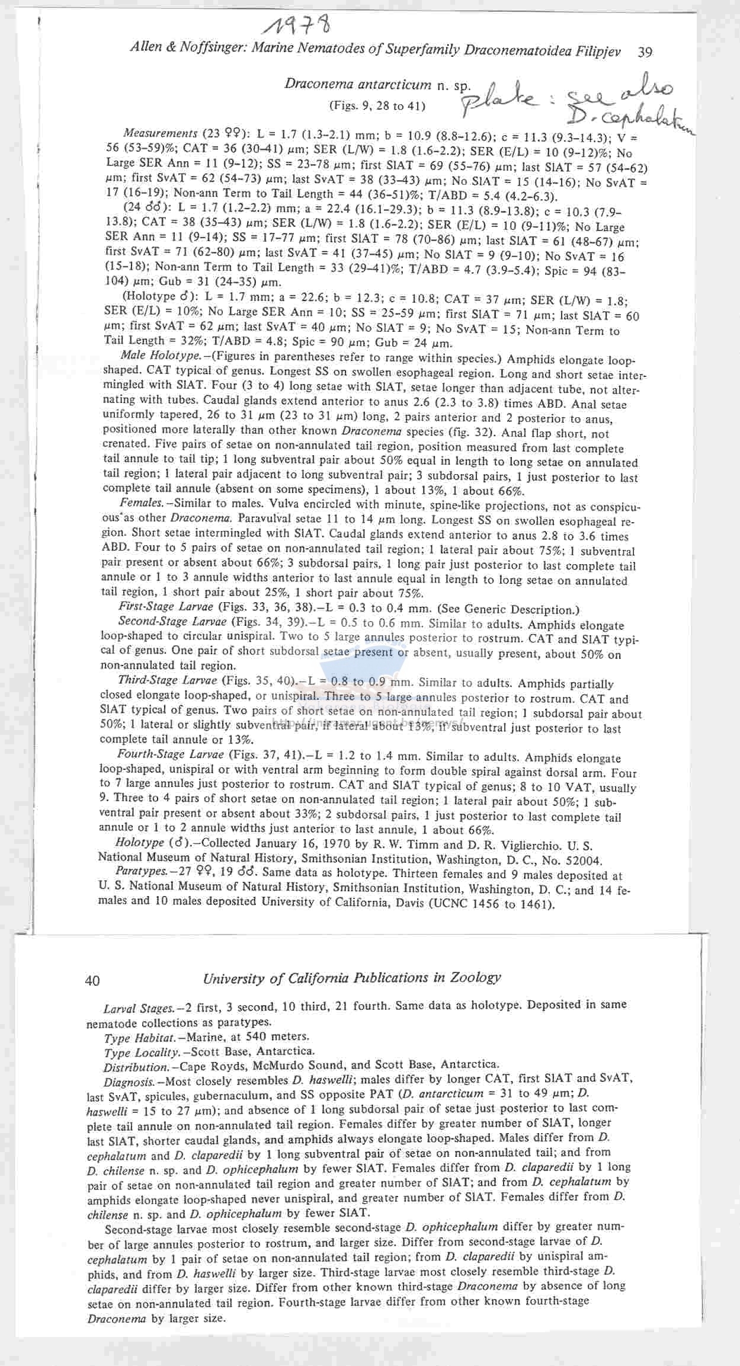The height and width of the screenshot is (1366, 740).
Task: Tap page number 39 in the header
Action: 645,52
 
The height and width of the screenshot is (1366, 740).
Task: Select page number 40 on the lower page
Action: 92,980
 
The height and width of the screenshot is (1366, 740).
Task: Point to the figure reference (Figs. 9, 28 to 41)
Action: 377,107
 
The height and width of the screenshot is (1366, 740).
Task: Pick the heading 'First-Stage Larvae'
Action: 166,606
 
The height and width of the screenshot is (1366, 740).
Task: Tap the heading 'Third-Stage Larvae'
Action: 166,680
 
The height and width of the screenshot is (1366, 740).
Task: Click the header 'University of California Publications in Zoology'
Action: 352,978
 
